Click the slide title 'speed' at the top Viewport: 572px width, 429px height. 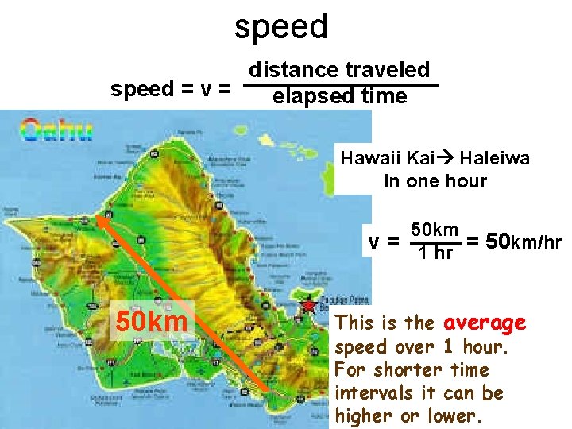[281, 26]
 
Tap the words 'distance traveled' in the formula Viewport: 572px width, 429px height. [339, 70]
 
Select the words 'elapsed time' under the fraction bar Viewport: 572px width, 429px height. [339, 97]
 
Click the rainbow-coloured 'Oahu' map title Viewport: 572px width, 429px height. [56, 129]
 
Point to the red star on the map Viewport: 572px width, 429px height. [308, 305]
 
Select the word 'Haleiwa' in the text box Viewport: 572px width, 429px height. [494, 158]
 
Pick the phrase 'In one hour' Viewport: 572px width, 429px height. [435, 181]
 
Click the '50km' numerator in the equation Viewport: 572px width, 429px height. [435, 230]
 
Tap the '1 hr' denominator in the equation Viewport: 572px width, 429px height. [435, 253]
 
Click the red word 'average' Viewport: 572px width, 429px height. [485, 323]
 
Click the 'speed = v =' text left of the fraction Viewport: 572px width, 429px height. [171, 89]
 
